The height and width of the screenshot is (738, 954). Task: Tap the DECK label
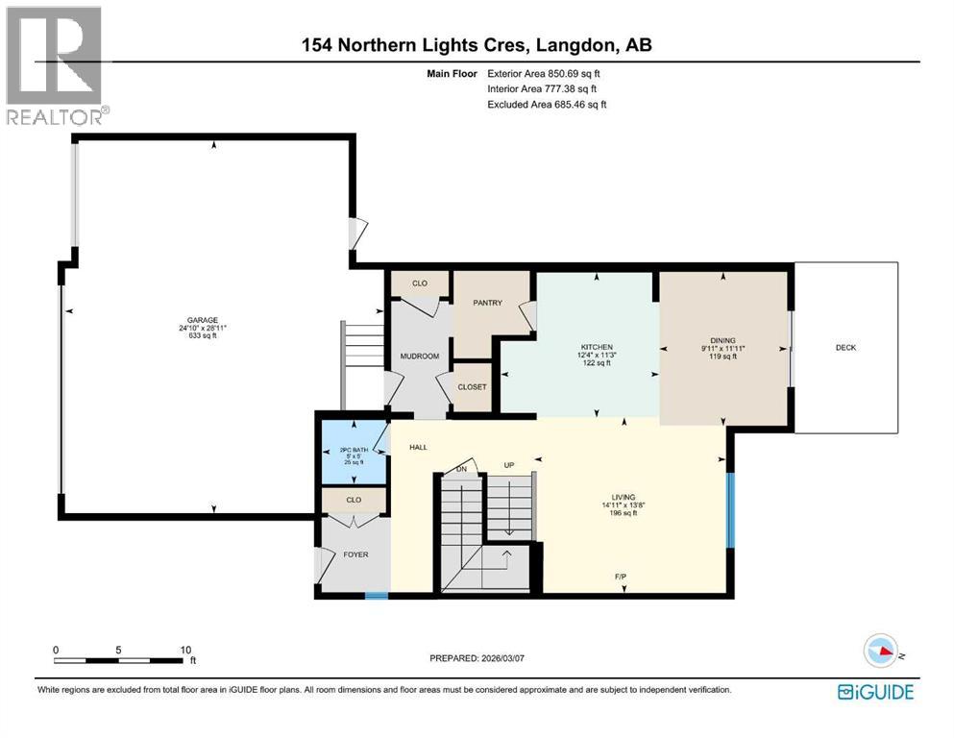[844, 348]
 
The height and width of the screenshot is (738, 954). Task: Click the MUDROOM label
[419, 357]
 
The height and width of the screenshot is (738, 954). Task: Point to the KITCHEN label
[597, 347]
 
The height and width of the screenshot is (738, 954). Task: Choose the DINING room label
[722, 340]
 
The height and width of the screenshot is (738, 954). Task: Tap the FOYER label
[355, 554]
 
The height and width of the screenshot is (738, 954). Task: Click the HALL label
[418, 447]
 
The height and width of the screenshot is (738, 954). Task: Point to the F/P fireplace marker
[622, 577]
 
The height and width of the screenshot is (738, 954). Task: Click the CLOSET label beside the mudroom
[472, 387]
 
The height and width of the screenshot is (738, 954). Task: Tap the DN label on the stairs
[461, 469]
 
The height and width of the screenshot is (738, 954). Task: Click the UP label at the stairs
[510, 465]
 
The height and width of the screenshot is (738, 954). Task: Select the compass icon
[880, 651]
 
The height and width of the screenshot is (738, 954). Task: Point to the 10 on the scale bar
[185, 650]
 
